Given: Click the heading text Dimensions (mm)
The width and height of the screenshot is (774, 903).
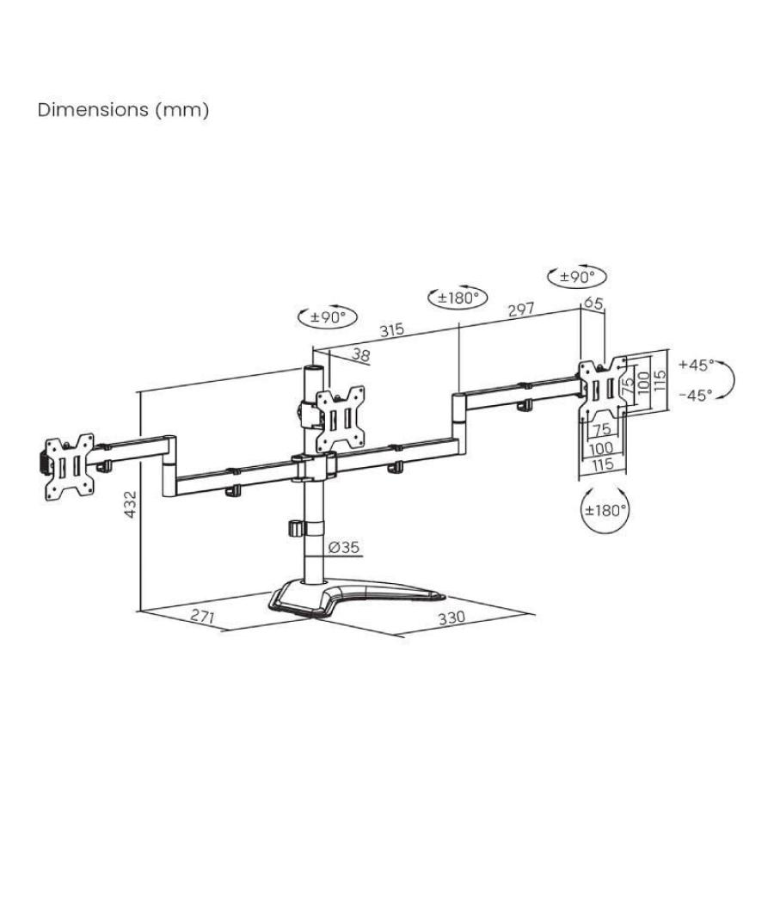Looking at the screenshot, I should (123, 110).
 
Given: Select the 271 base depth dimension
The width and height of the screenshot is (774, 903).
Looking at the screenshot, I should (203, 617).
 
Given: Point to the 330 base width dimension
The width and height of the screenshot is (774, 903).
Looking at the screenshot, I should (451, 617).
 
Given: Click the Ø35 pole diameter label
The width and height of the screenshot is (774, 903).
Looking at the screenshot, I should (344, 547).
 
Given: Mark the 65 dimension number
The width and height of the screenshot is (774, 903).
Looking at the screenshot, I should (593, 303).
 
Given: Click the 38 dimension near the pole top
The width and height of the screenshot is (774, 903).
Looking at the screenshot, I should (360, 354).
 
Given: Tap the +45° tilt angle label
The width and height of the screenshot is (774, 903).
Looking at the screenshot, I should (696, 365).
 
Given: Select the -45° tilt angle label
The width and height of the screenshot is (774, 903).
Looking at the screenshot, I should (695, 396).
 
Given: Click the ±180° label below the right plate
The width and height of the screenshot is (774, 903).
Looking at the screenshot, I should (605, 509).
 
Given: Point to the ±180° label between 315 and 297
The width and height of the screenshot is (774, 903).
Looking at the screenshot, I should (458, 298).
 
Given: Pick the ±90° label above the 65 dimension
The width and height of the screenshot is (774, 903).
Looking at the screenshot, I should (577, 277).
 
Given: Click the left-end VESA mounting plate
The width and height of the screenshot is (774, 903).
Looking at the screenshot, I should (66, 464).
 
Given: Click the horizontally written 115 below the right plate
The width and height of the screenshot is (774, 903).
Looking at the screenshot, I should (601, 464).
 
